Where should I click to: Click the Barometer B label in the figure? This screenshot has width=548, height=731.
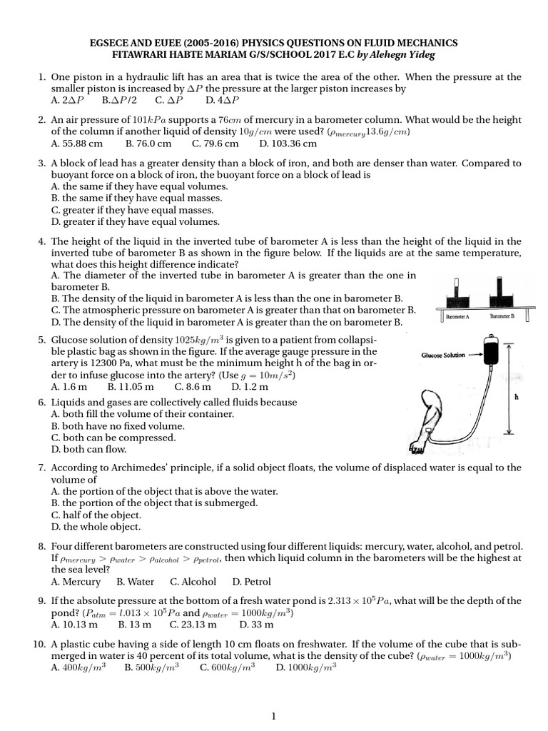[x=504, y=315]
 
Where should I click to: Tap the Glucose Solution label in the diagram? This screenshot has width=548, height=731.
[x=443, y=355]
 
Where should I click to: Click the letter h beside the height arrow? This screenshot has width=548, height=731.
[x=534, y=398]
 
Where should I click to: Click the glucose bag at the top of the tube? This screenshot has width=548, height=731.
[x=490, y=354]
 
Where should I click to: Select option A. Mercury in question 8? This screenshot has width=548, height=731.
[x=78, y=582]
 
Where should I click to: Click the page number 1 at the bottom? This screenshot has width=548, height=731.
[x=274, y=716]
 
